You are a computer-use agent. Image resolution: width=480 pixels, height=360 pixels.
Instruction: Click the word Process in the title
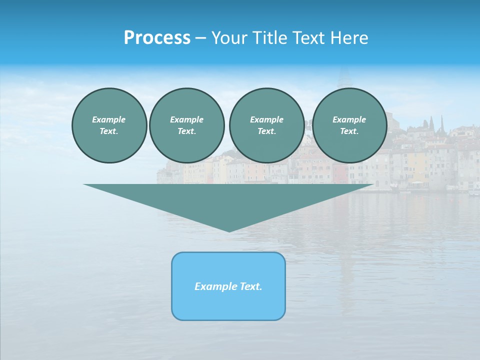pos(157,38)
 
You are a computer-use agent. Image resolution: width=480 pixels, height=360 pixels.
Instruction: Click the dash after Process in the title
pos(200,39)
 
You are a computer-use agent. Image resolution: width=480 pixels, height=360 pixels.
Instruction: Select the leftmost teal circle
pos(109,125)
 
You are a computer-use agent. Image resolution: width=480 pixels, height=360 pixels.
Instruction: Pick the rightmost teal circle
pos(349,125)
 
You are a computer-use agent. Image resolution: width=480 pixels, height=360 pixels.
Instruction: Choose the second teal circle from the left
pos(186,125)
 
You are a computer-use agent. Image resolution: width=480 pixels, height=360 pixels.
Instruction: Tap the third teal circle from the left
pos(266,125)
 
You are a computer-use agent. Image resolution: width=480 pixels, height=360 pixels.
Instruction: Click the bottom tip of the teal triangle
pos(229,230)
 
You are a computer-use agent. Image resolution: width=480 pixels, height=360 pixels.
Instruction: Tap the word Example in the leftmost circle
pos(108,119)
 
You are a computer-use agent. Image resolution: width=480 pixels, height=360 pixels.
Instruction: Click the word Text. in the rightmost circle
pos(349,131)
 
